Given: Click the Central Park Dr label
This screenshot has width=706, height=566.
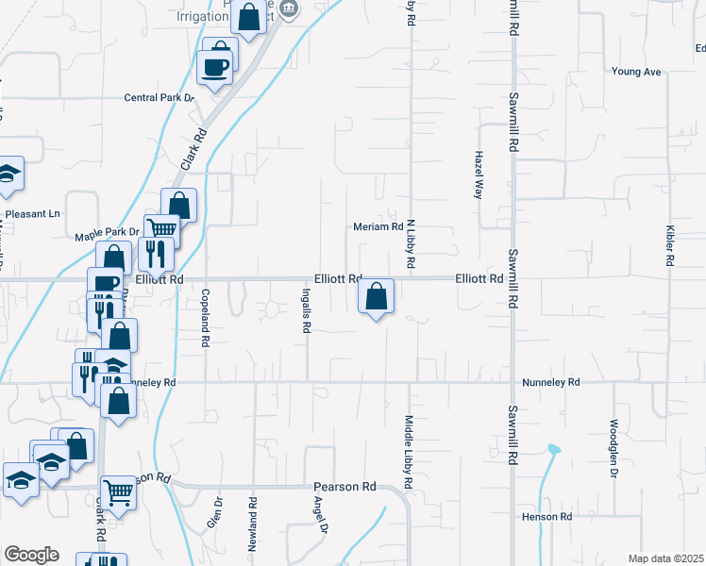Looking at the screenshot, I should coord(160,97).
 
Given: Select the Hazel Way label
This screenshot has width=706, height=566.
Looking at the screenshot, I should coord(479,174).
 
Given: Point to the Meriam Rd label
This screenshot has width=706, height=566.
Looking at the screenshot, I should coord(378,226).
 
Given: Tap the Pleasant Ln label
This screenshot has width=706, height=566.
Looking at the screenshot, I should coord(33,214).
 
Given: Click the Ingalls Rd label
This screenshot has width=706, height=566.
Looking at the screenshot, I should coord(306,311).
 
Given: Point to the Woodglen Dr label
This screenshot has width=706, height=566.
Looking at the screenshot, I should coord(614,449).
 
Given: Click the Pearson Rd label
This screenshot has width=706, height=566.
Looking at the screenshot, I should coord(345,487).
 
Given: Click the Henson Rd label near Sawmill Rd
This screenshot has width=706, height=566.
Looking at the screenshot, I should coord(546,517).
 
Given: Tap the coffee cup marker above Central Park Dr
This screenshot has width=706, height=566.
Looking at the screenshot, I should coord(213,67).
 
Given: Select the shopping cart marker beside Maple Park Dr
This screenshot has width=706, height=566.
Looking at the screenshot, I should coord(162,229).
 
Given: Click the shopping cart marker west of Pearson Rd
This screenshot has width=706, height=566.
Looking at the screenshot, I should coord(118,491).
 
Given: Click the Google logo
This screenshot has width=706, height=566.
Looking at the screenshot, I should coord(31,555).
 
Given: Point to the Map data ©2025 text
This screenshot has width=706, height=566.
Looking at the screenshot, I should coord(665,558).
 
